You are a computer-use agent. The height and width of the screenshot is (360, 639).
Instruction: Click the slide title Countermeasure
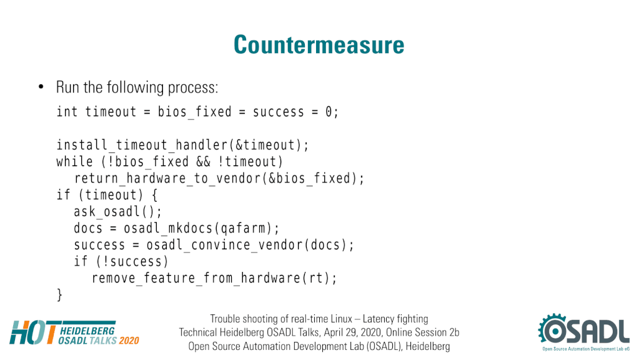point(319,44)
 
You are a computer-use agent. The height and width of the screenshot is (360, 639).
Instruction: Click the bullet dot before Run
point(41,86)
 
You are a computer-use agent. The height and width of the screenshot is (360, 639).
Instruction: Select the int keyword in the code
point(67,111)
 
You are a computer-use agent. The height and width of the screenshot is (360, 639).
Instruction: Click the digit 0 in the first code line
point(329,112)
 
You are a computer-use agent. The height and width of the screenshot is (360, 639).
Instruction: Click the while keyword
point(74,161)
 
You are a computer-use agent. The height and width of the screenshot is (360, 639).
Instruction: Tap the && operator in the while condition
point(203,162)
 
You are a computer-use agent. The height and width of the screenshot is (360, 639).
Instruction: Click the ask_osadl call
point(117,212)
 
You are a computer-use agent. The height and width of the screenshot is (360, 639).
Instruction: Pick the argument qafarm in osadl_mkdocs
point(243,229)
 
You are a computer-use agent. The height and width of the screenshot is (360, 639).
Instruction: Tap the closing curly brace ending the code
point(59,295)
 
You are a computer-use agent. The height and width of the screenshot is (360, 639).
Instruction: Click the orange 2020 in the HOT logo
point(129,341)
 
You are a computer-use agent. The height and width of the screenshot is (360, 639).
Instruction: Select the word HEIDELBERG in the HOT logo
point(87,331)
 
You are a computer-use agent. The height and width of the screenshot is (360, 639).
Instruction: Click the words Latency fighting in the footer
point(395,319)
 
